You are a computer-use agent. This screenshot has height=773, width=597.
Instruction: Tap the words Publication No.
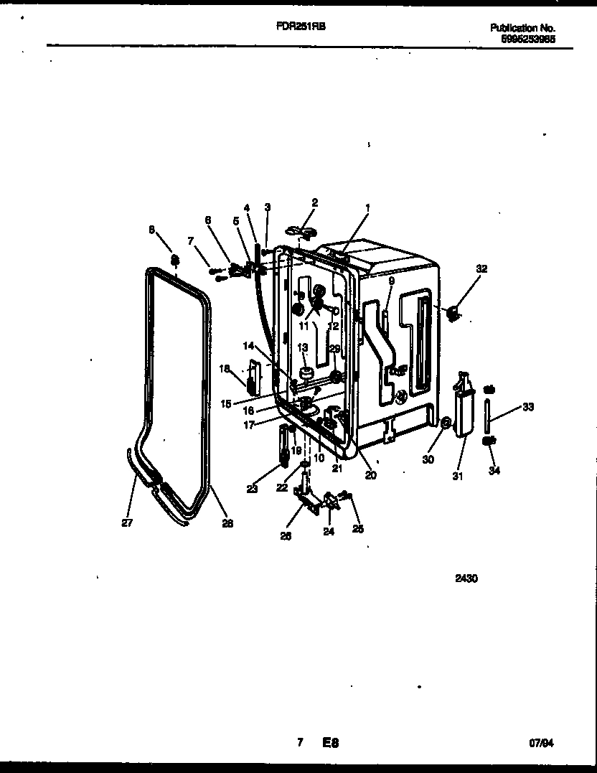pos(522,28)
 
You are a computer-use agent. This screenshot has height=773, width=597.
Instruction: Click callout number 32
pos(481,269)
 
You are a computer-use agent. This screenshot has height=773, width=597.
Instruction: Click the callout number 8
pos(151,230)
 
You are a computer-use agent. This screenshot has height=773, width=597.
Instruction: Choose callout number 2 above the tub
pos(314,203)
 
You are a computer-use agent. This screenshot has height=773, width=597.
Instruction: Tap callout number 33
pos(528,408)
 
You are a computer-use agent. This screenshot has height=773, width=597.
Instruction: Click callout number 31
pos(458,475)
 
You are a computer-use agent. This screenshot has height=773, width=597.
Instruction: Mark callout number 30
pos(428,460)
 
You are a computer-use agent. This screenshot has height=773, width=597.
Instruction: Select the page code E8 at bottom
pos(330,744)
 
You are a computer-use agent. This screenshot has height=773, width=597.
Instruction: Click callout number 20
pos(370,474)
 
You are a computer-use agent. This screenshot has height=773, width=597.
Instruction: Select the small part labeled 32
pos(453,312)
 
